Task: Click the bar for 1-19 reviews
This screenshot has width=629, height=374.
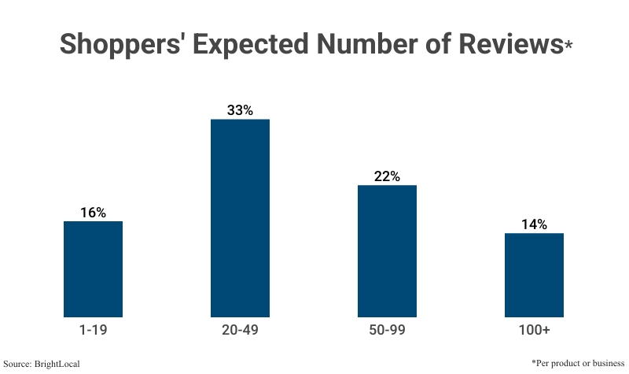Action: coord(93,268)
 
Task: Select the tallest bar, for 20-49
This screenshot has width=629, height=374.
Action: coord(240,218)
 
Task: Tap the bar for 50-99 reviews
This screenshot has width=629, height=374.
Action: coord(387,250)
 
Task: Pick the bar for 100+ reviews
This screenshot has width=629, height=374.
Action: coord(534,275)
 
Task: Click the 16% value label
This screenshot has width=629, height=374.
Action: coord(93,213)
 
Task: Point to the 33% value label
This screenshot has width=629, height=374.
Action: coord(240,110)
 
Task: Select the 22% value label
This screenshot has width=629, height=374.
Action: coord(387,176)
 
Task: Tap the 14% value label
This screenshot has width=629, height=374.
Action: coord(534,224)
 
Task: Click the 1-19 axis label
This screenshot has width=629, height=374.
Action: coord(93,330)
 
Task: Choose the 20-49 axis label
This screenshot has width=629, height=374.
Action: coord(240,330)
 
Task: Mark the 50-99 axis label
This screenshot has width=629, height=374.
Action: coord(387,330)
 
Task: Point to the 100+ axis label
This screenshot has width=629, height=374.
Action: coord(534,330)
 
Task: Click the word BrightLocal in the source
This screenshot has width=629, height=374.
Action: coord(59,364)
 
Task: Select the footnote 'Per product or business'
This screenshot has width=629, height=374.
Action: coord(578,362)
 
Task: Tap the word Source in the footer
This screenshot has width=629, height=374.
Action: coord(20,364)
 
